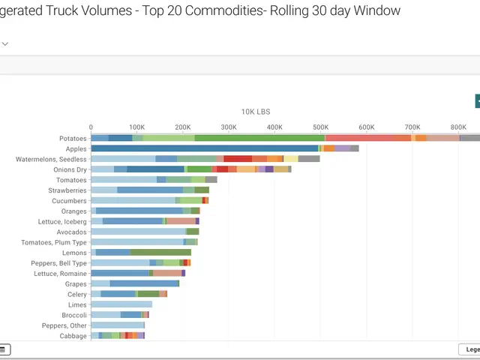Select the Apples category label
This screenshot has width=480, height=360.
coord(76,149)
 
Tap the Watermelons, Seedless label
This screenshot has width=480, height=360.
coord(51,159)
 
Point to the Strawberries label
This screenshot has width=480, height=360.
coord(67,190)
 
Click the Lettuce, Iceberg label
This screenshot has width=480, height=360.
coord(62,222)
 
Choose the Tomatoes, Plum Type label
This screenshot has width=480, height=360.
coord(54,242)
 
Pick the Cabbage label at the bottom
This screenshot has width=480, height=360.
coord(73,336)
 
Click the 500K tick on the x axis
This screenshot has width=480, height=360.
coord(320,127)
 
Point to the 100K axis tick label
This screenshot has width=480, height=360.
coord(136,127)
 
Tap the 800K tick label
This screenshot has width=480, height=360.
coord(458,127)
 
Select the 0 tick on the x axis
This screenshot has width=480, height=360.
coord(91,127)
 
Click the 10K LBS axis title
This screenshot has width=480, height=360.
coord(255,112)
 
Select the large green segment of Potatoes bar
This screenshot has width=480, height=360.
coord(259,138)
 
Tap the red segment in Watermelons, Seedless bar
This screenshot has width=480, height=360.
coord(238,159)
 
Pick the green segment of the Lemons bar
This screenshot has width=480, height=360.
coord(155,253)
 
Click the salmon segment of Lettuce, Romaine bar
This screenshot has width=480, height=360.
coord(167,273)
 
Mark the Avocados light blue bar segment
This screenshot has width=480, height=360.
coord(138,232)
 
